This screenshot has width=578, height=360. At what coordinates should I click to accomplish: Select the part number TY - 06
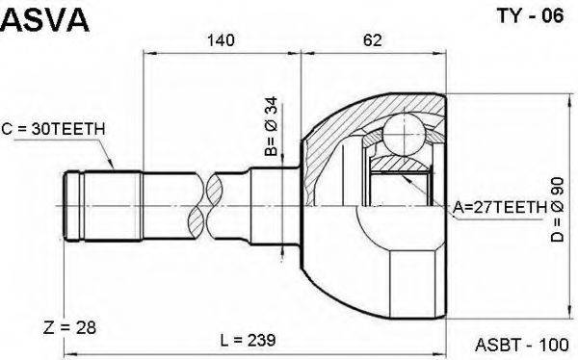click(x=531, y=15)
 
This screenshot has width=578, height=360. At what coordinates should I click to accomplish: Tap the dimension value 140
click(x=221, y=39)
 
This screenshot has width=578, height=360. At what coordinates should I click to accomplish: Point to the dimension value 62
click(x=372, y=39)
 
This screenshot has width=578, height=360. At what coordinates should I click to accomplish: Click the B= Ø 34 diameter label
click(x=272, y=126)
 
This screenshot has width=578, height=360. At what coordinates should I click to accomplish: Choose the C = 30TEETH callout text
click(x=53, y=129)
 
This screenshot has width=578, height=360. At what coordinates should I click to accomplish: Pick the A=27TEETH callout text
click(x=500, y=208)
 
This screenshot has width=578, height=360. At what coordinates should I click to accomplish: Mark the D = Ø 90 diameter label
click(x=558, y=209)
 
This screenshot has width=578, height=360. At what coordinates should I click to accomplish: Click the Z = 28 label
click(x=69, y=327)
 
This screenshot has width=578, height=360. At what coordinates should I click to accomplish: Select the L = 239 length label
click(x=248, y=340)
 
